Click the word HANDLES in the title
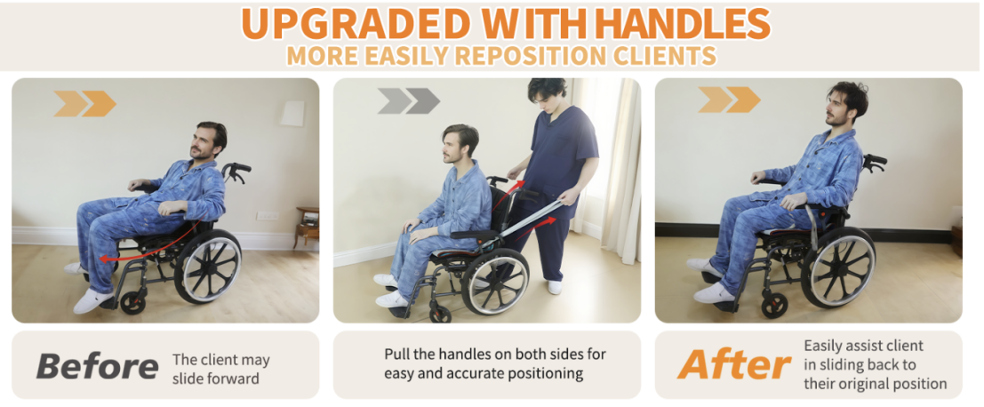pos(682,23)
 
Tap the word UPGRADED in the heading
pos(355,23)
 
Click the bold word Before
pos(97,366)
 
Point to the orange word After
pos(734,365)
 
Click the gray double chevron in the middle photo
pos(408,101)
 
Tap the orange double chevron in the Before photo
pos(85,103)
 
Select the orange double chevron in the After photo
pos(729,100)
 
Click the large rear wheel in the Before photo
pos(208,267)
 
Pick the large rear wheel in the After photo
pos(839,267)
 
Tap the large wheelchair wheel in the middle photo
pos(495,282)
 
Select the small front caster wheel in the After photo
pos(774,306)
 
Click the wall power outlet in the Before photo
pos(267,216)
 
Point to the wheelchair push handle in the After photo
pos(874,162)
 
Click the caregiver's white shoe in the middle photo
pos(555,287)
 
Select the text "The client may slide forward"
pos(221,370)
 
